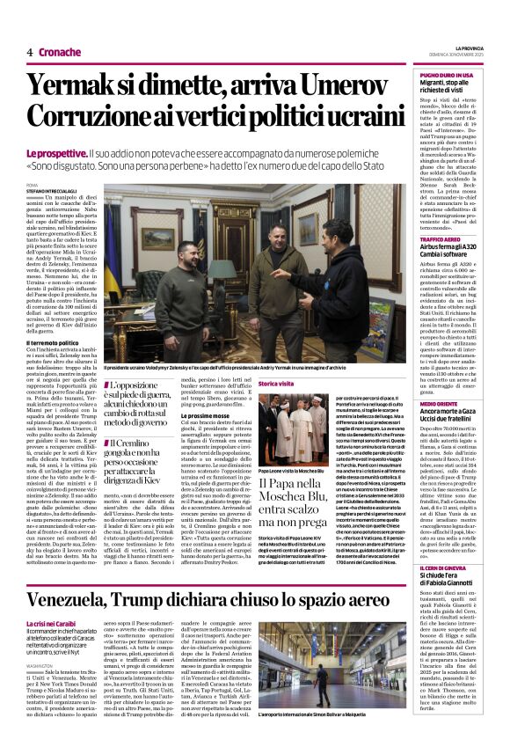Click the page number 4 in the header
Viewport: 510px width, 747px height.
tap(29, 52)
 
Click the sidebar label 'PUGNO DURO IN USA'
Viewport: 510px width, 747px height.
tap(447, 76)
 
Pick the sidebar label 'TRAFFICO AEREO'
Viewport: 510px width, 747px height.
tap(441, 240)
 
